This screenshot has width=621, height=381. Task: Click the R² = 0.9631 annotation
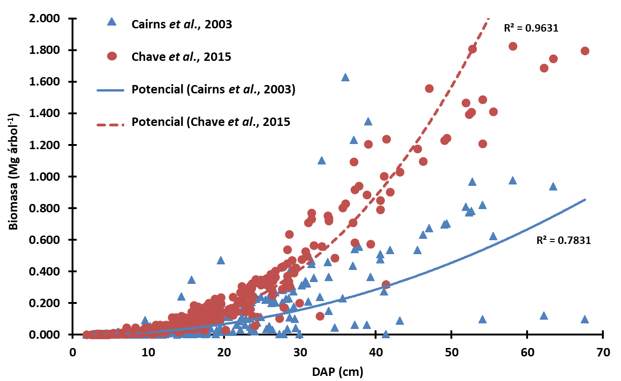pos(531,28)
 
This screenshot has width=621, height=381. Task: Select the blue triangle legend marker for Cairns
pos(111,22)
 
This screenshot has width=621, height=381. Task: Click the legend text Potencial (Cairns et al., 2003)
pos(214,90)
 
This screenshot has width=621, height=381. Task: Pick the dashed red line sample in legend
pos(111,124)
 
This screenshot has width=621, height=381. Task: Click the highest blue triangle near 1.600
pos(345,78)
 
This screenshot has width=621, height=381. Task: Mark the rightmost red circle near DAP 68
pos(585,51)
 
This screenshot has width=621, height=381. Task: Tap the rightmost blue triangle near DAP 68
pos(585,320)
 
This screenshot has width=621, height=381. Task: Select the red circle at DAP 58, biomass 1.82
pos(513,46)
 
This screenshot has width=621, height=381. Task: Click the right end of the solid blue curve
pos(585,200)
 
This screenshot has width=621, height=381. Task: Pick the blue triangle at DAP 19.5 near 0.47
pos(221,261)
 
